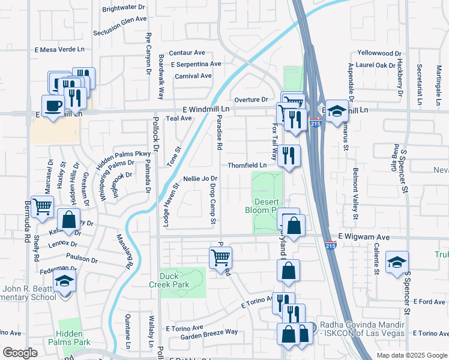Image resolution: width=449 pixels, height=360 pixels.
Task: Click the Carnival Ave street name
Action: (193, 76)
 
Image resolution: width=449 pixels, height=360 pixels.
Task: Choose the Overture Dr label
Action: (250, 99)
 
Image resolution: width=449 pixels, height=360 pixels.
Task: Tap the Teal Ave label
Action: (178, 119)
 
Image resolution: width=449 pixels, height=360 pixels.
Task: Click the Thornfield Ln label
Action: (247, 165)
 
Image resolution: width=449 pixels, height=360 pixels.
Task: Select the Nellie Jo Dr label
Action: (200, 179)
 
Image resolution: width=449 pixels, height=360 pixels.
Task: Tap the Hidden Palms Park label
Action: (73, 338)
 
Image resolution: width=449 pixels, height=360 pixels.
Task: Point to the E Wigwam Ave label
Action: (364, 238)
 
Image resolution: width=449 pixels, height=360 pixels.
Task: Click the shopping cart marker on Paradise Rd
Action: (220, 257)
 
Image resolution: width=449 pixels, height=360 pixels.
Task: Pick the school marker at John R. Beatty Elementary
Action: (64, 280)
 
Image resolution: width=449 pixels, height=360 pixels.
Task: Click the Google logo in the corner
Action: (20, 353)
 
